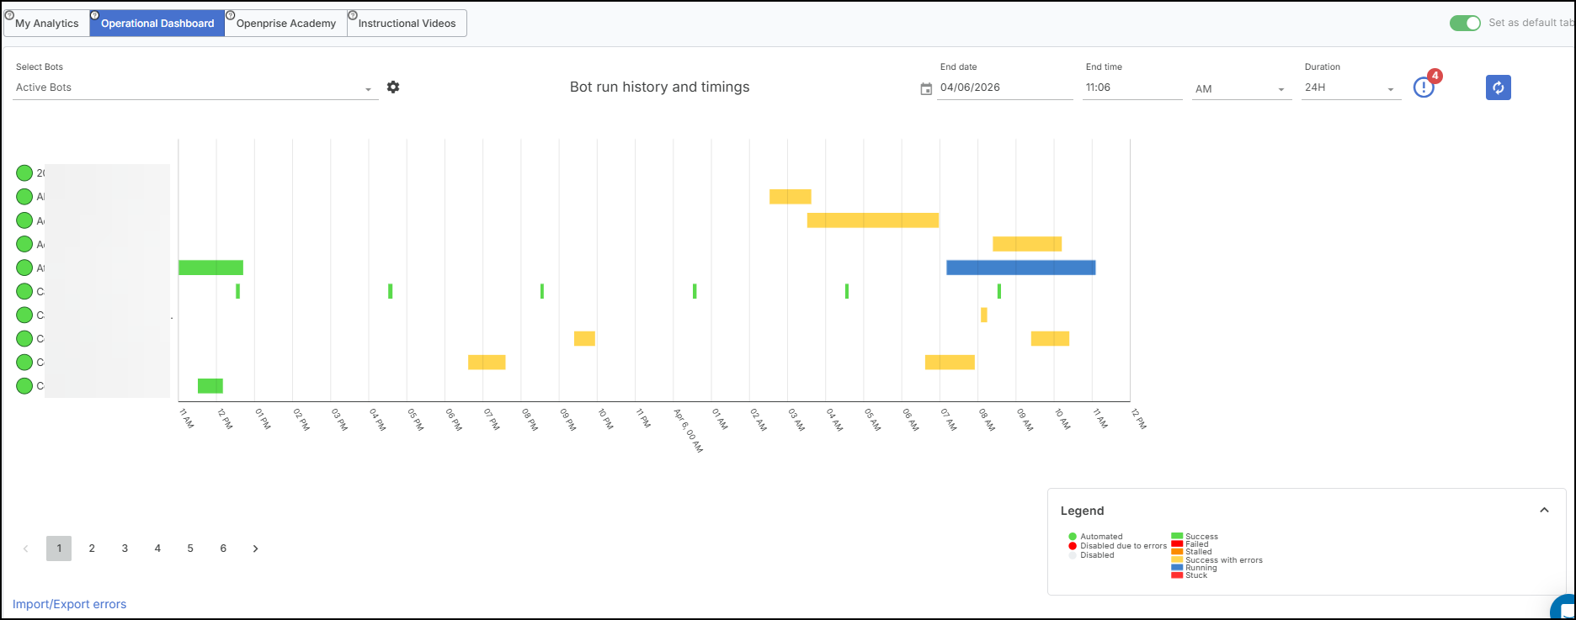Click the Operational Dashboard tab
157,24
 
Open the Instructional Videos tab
407,24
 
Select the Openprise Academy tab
285,24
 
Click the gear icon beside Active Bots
393,87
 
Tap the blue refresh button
1498,87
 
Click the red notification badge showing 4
1435,76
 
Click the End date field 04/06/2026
1004,87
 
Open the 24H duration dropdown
1350,87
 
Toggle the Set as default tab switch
1465,23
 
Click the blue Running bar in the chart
1020,268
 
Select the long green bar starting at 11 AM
210,268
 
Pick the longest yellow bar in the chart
872,220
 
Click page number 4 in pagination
157,548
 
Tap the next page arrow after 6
255,548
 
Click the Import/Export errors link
69,604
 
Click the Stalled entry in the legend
1198,552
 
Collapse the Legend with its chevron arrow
1544,510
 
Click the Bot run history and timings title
659,87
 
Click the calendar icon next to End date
926,88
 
